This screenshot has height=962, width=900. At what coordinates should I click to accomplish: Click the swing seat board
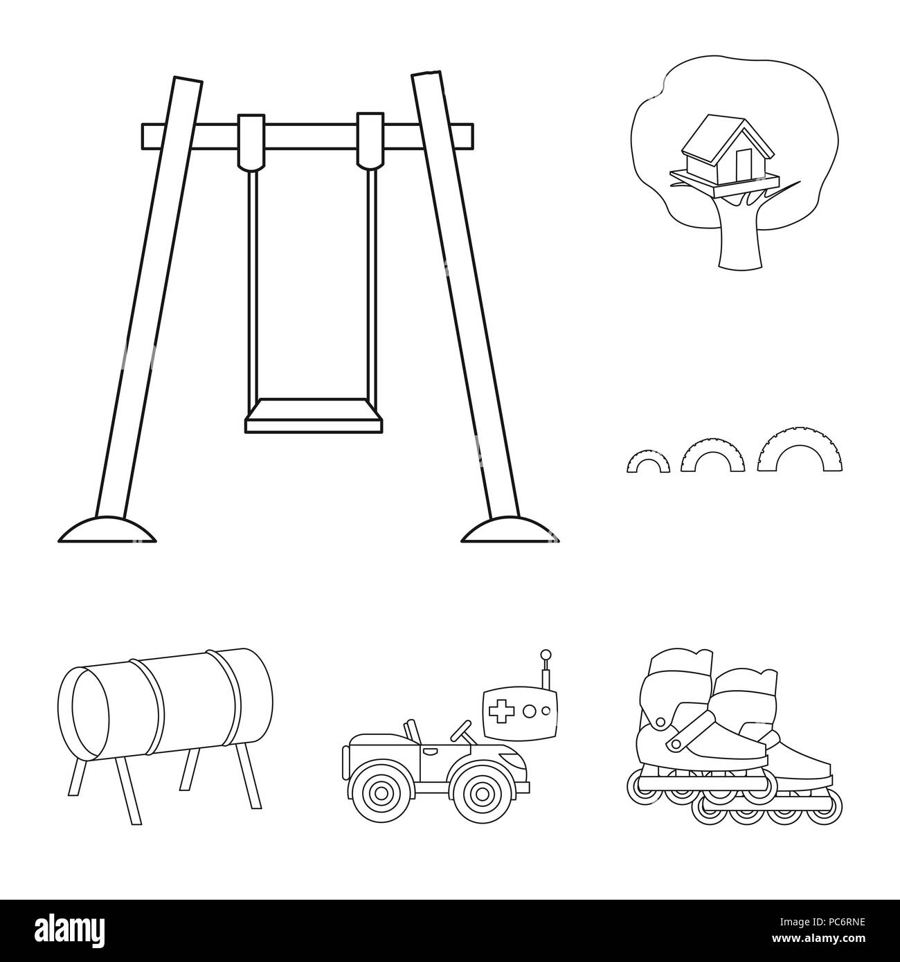coord(314,414)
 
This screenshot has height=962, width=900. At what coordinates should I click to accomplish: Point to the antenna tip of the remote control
coord(546,653)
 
